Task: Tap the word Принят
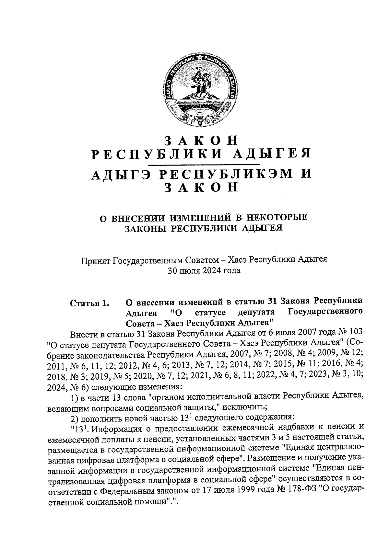click(95, 259)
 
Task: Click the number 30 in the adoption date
click(172, 271)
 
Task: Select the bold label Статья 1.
click(89, 303)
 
